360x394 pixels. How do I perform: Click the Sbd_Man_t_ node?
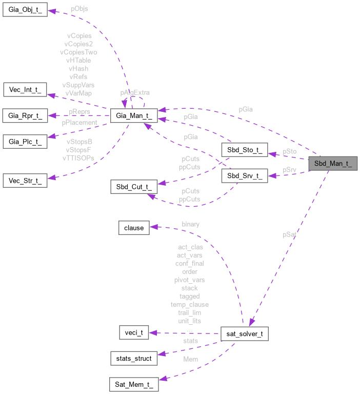332,164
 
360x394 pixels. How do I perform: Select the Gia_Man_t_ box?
133,115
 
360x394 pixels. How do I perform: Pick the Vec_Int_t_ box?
25,90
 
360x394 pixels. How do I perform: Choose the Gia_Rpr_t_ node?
25,115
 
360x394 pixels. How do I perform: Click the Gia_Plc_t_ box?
25,140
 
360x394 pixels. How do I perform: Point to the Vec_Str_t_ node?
25,180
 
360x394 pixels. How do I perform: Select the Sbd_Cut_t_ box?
133,187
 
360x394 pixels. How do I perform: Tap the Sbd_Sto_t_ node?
244,150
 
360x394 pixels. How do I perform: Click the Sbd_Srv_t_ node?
244,176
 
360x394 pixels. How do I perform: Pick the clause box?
134,227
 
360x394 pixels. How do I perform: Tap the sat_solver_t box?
244,334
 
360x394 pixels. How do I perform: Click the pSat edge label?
290,234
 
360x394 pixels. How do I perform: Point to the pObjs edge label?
78,9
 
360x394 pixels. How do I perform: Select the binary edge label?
191,224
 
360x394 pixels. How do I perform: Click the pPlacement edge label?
79,123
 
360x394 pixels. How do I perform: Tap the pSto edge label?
290,152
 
